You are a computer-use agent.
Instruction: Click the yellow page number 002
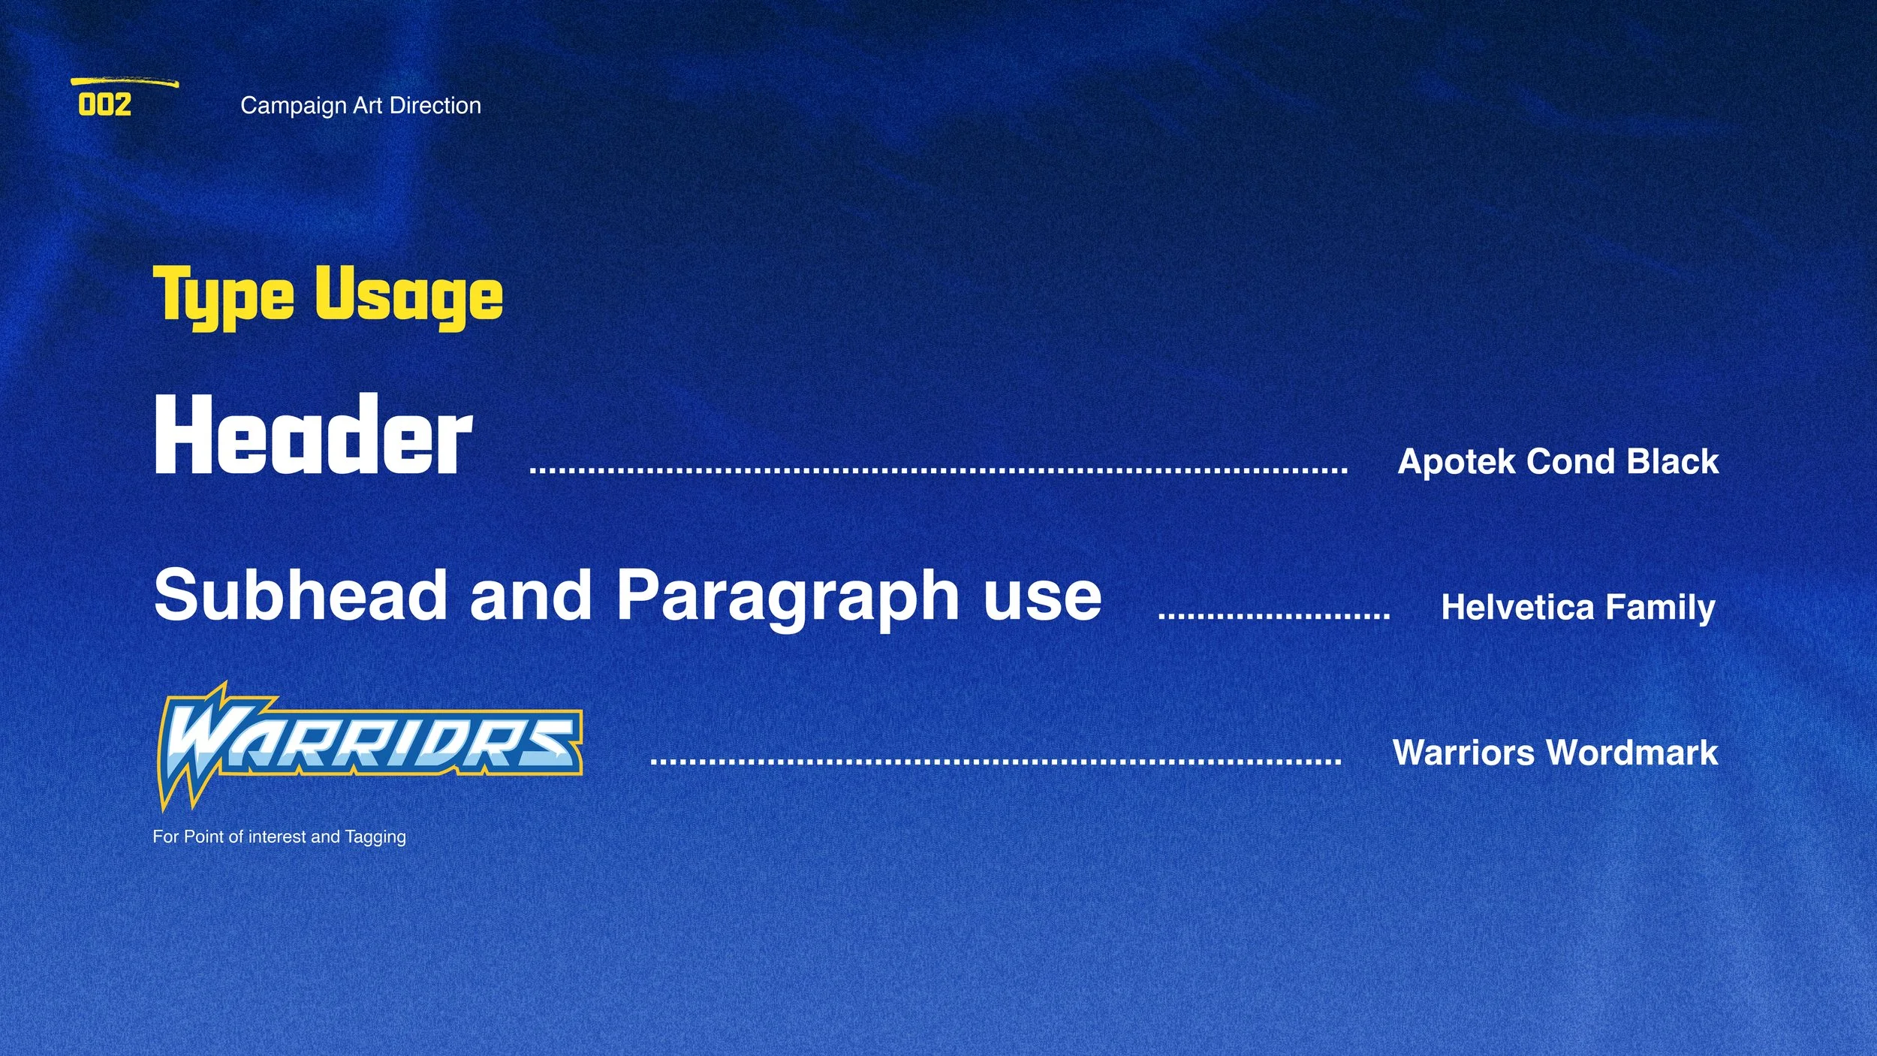104,105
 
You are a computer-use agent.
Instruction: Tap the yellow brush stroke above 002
124,82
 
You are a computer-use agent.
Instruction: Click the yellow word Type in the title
223,296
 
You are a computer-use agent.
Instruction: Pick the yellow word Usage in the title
408,296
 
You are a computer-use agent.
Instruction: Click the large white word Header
313,436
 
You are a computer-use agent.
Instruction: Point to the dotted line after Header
938,471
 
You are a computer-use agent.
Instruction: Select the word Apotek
1456,461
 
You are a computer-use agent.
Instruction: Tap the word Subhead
301,595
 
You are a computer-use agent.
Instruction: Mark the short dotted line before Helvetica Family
1274,616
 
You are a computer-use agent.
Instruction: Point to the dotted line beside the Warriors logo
996,762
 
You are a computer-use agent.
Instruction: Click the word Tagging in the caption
375,837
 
